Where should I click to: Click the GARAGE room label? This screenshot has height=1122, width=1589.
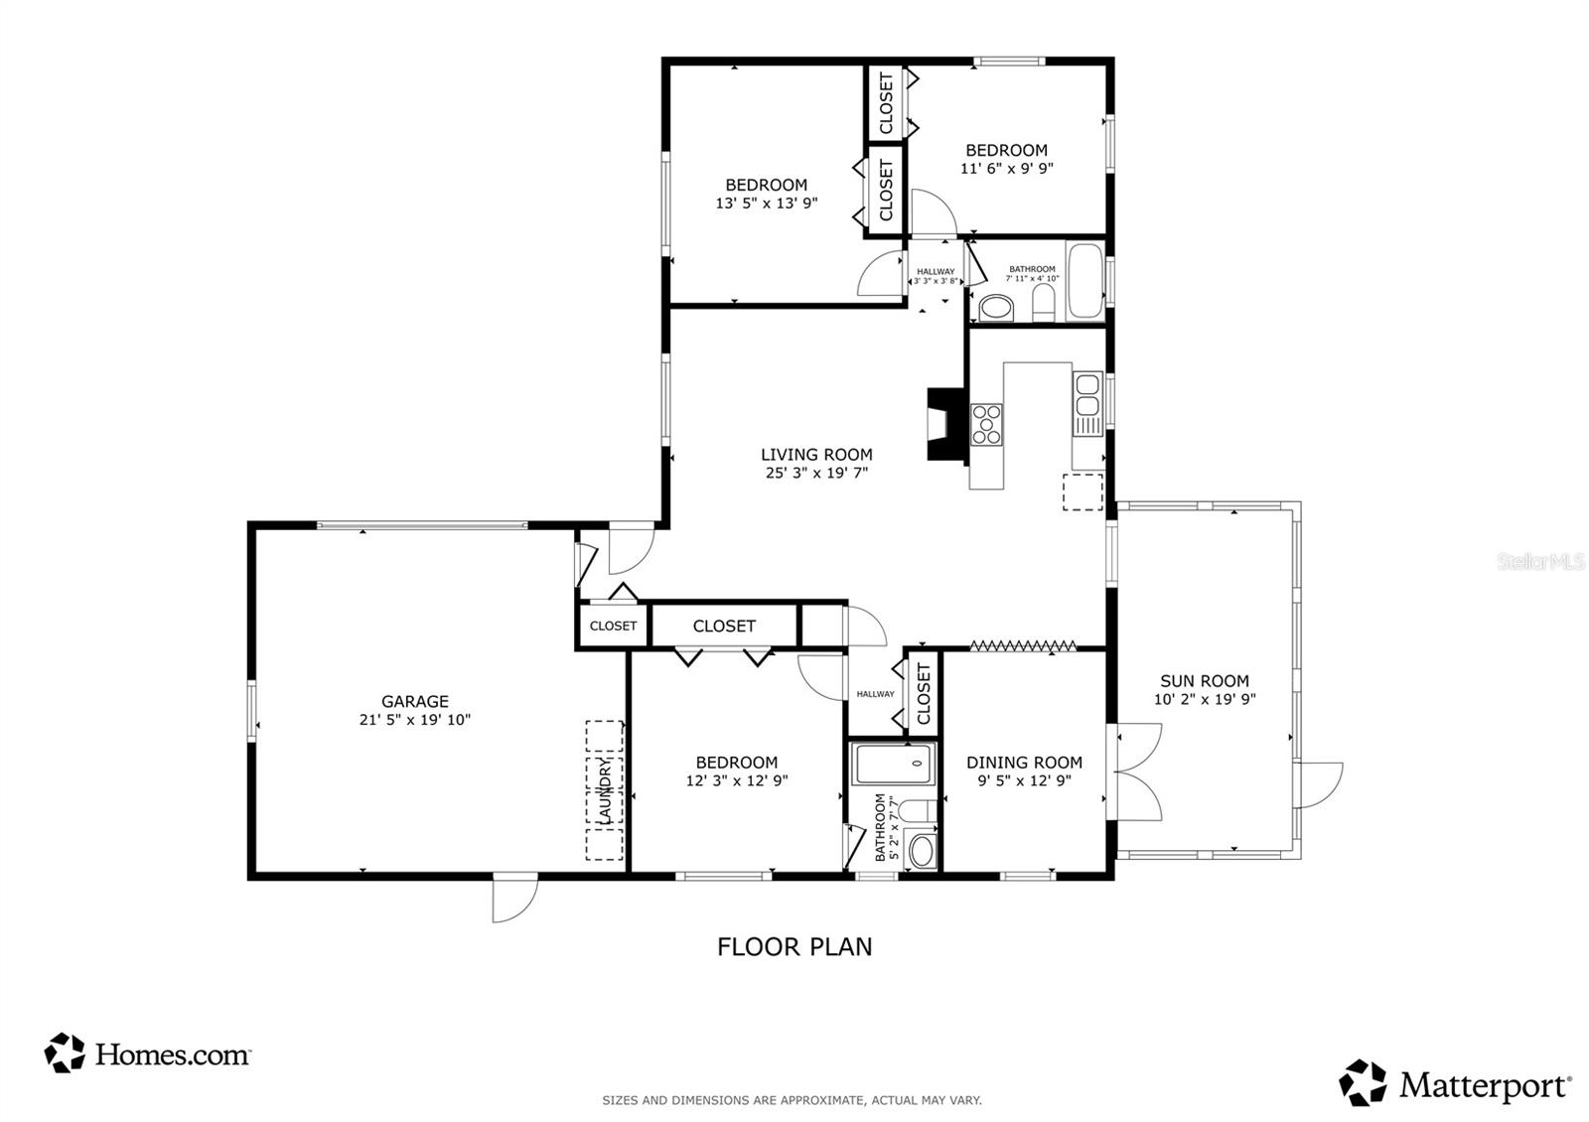click(x=415, y=701)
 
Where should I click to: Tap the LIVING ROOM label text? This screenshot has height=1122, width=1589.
click(x=816, y=455)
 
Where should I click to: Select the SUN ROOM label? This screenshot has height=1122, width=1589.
click(x=1205, y=681)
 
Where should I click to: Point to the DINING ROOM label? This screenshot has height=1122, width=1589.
click(x=1024, y=763)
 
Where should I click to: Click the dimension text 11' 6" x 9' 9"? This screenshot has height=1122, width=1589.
click(x=1007, y=169)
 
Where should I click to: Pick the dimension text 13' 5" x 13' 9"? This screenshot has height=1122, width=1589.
click(x=766, y=204)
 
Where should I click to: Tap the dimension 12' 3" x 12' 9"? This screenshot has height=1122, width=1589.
click(x=736, y=780)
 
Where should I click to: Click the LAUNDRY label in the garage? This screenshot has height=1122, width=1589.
click(x=605, y=791)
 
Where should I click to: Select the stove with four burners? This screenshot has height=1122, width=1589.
click(x=986, y=425)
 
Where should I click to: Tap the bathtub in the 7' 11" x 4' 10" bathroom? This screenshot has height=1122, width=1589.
click(x=1085, y=281)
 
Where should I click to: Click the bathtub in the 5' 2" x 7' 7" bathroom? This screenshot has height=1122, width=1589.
click(x=894, y=764)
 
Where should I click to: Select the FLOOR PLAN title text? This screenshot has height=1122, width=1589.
click(x=794, y=947)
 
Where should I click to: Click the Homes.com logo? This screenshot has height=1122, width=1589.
click(x=147, y=1053)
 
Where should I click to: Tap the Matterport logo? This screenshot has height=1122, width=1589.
click(x=1455, y=1083)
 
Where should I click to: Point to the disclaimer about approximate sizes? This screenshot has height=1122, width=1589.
click(x=792, y=1100)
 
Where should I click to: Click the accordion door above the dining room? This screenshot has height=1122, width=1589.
click(x=1023, y=646)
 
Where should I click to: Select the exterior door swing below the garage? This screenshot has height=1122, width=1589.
click(x=515, y=901)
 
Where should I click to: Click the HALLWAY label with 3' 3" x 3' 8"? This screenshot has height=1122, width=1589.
click(x=936, y=276)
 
